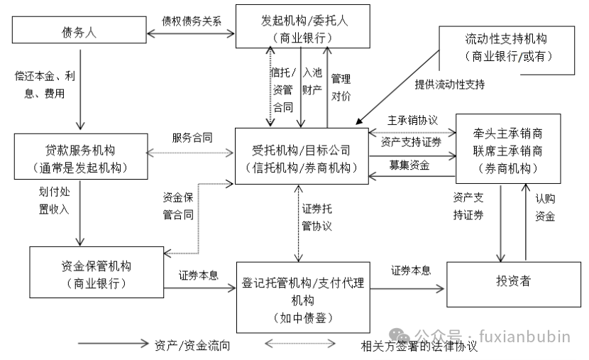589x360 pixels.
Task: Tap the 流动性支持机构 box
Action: pyautogui.click(x=507, y=47)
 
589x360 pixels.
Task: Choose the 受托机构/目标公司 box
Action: pyautogui.click(x=301, y=158)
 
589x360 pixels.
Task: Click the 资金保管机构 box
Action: pyautogui.click(x=96, y=274)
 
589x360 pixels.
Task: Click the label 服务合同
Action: pyautogui.click(x=192, y=137)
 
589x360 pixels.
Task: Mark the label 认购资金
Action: pyautogui.click(x=545, y=207)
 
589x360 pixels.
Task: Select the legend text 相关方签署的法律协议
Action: pyautogui.click(x=419, y=347)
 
